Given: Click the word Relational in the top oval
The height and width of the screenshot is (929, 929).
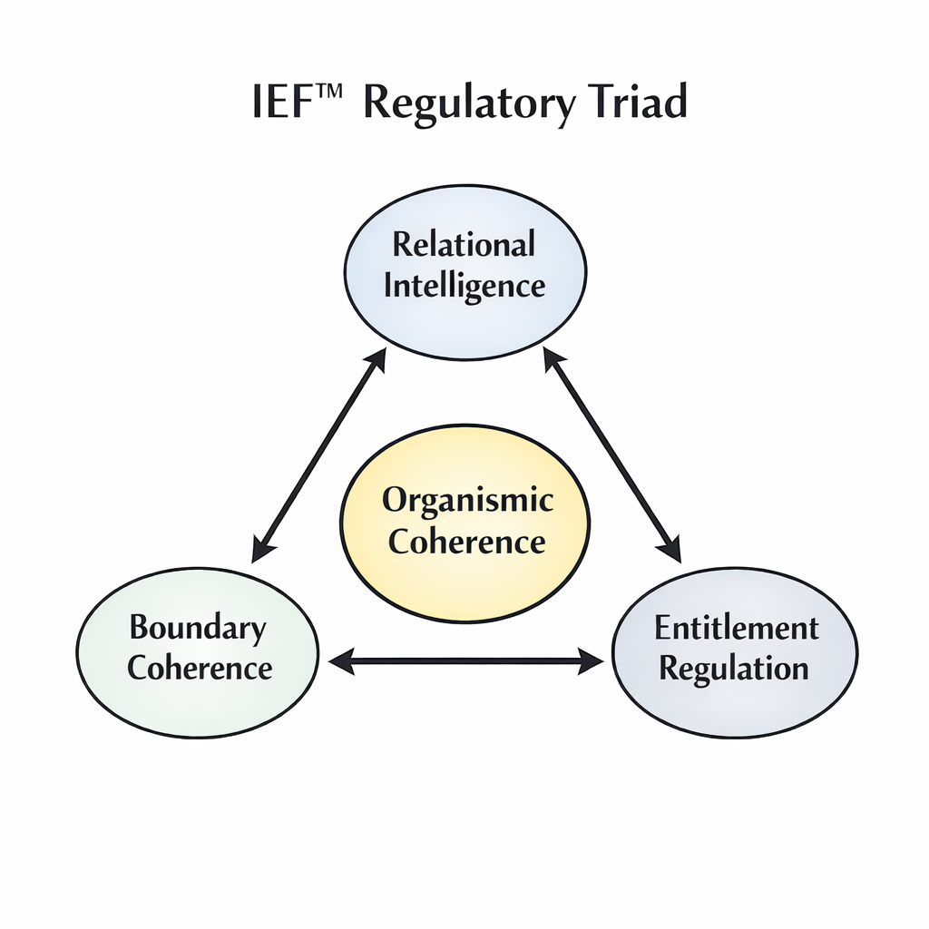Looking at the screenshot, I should coord(464,244).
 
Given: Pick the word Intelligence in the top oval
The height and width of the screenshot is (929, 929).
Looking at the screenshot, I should coord(464,286).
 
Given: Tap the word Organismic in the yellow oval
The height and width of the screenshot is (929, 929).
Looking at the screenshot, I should coord(467,500).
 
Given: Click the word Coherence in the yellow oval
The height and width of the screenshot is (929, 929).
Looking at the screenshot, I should coord(466,542).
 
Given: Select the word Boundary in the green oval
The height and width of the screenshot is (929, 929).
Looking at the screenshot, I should coord(197,627).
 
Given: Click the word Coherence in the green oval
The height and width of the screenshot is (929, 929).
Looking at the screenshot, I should coord(200,669).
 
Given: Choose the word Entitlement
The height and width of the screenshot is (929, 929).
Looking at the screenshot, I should coord(736,628).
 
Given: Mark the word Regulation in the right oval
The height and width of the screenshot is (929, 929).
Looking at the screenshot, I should coord(734,670).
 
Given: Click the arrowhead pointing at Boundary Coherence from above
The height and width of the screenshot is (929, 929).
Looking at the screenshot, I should coord(263,548).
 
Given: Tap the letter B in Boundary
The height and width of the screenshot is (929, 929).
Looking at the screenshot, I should coord(139,627).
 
